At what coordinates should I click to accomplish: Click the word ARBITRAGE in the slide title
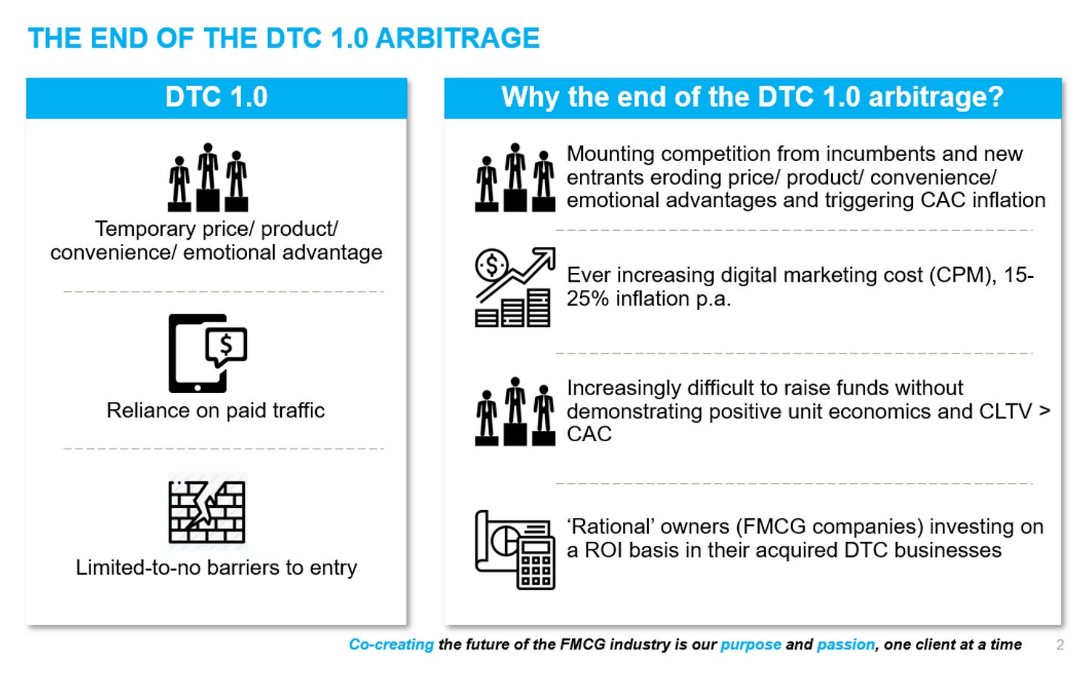pyautogui.click(x=458, y=38)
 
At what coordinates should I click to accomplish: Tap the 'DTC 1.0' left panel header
pyautogui.click(x=217, y=98)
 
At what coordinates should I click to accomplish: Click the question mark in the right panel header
pyautogui.click(x=994, y=96)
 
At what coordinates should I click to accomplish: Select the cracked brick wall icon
pyautogui.click(x=207, y=512)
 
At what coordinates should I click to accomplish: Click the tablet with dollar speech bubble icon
pyautogui.click(x=208, y=353)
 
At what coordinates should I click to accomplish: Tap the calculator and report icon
pyautogui.click(x=515, y=549)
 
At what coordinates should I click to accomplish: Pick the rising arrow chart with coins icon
pyautogui.click(x=515, y=287)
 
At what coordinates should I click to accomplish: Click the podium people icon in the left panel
pyautogui.click(x=208, y=177)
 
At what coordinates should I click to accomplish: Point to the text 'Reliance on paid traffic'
pyautogui.click(x=216, y=411)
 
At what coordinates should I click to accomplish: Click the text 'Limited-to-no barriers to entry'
pyautogui.click(x=217, y=567)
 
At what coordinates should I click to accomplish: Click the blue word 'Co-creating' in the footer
pyautogui.click(x=392, y=644)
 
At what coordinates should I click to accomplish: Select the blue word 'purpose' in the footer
pyautogui.click(x=751, y=645)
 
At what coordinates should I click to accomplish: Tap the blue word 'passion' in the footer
pyautogui.click(x=846, y=644)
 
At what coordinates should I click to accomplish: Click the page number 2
pyautogui.click(x=1060, y=644)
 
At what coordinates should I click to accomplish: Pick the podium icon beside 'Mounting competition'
pyautogui.click(x=515, y=177)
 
